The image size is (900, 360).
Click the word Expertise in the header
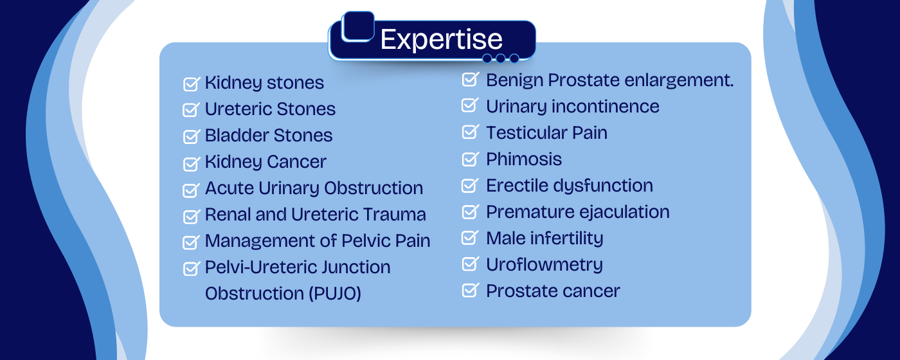pos(441,39)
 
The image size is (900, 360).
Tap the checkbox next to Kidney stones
pos(192,84)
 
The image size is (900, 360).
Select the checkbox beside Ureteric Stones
pos(191,110)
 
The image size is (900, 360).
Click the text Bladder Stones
pos(269,136)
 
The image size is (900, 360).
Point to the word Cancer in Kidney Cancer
pos(296,161)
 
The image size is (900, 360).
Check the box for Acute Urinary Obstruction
pos(191,190)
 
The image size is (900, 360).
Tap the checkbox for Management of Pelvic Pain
pos(191,242)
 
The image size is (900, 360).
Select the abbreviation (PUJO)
pos(335,293)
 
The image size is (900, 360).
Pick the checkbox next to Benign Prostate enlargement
pos(471,79)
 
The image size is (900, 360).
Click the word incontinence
pos(605,107)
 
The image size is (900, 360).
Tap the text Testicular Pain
pos(546,133)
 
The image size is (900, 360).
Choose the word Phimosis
pos(524,159)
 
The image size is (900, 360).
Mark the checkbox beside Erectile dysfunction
pos(471,185)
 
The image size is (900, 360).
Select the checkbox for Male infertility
pos(471,237)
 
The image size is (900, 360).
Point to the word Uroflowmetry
pos(544,265)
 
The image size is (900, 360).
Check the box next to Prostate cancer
pos(471,290)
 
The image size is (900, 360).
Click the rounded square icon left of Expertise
pos(357,26)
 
